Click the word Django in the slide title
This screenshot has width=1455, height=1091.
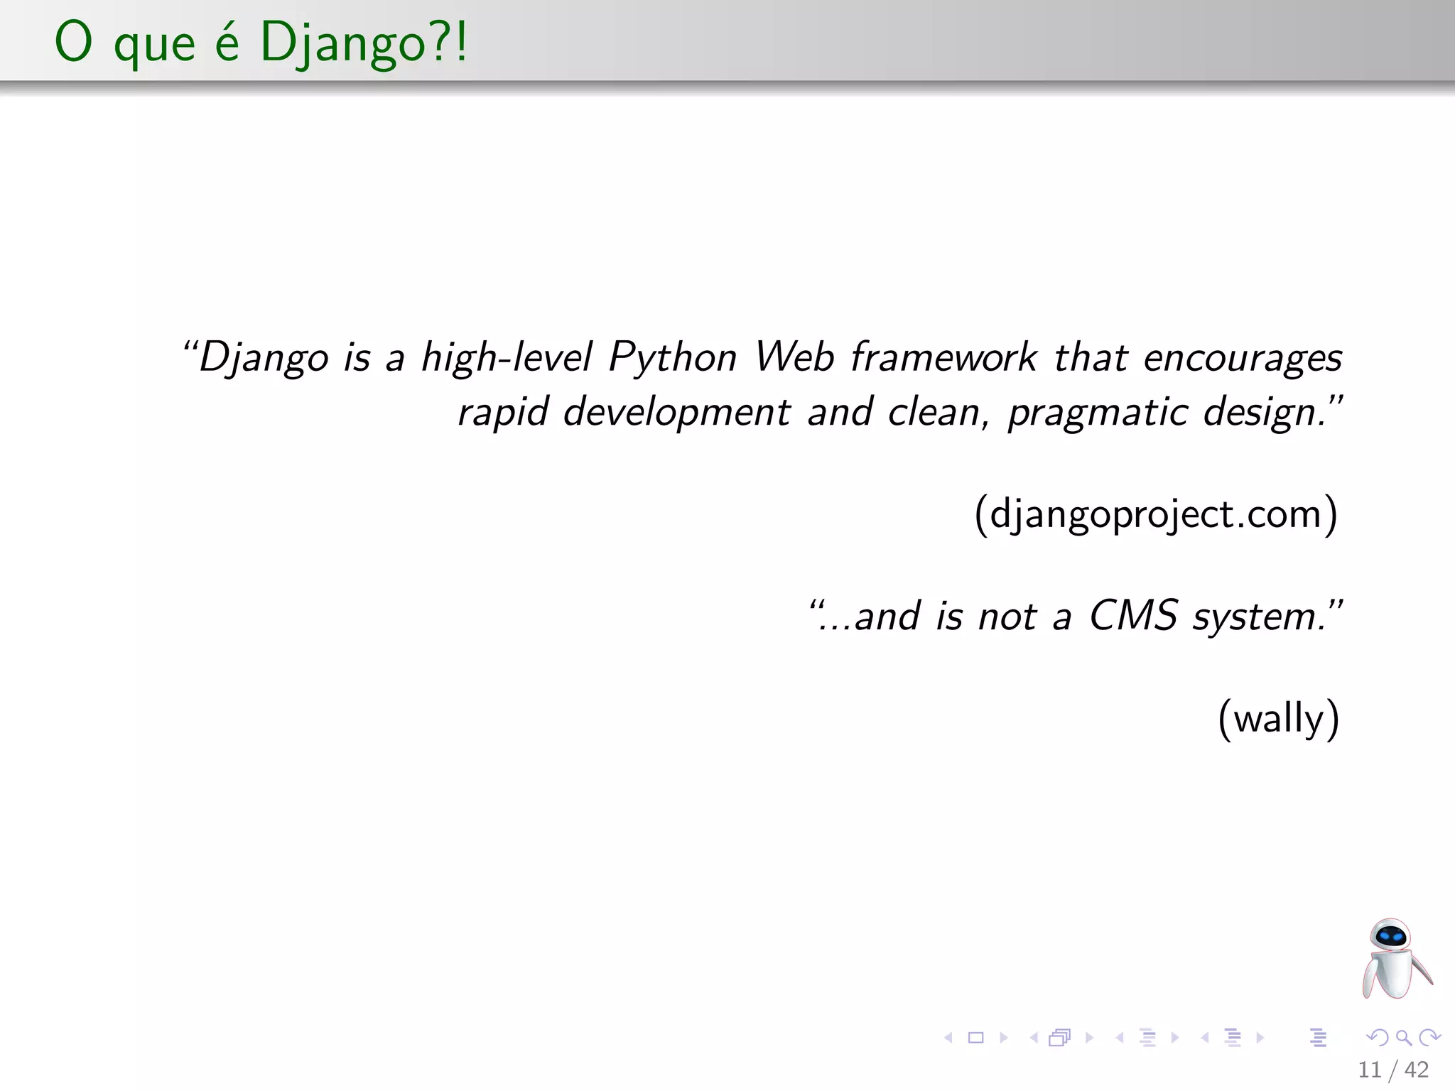343,43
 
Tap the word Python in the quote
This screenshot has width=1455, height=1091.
673,357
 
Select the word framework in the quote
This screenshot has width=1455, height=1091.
943,357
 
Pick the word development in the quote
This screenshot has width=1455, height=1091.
676,413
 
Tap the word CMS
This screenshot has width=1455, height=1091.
1133,615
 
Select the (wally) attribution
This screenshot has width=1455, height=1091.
1278,718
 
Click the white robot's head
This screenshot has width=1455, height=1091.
1390,935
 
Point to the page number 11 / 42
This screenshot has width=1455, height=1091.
1392,1069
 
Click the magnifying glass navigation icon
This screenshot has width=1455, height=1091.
1403,1038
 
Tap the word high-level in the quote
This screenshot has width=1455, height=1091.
507,357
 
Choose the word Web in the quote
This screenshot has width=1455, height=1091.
794,357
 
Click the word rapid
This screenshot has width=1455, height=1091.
503,413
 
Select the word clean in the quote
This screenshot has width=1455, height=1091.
933,413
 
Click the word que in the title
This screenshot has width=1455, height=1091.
154,44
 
